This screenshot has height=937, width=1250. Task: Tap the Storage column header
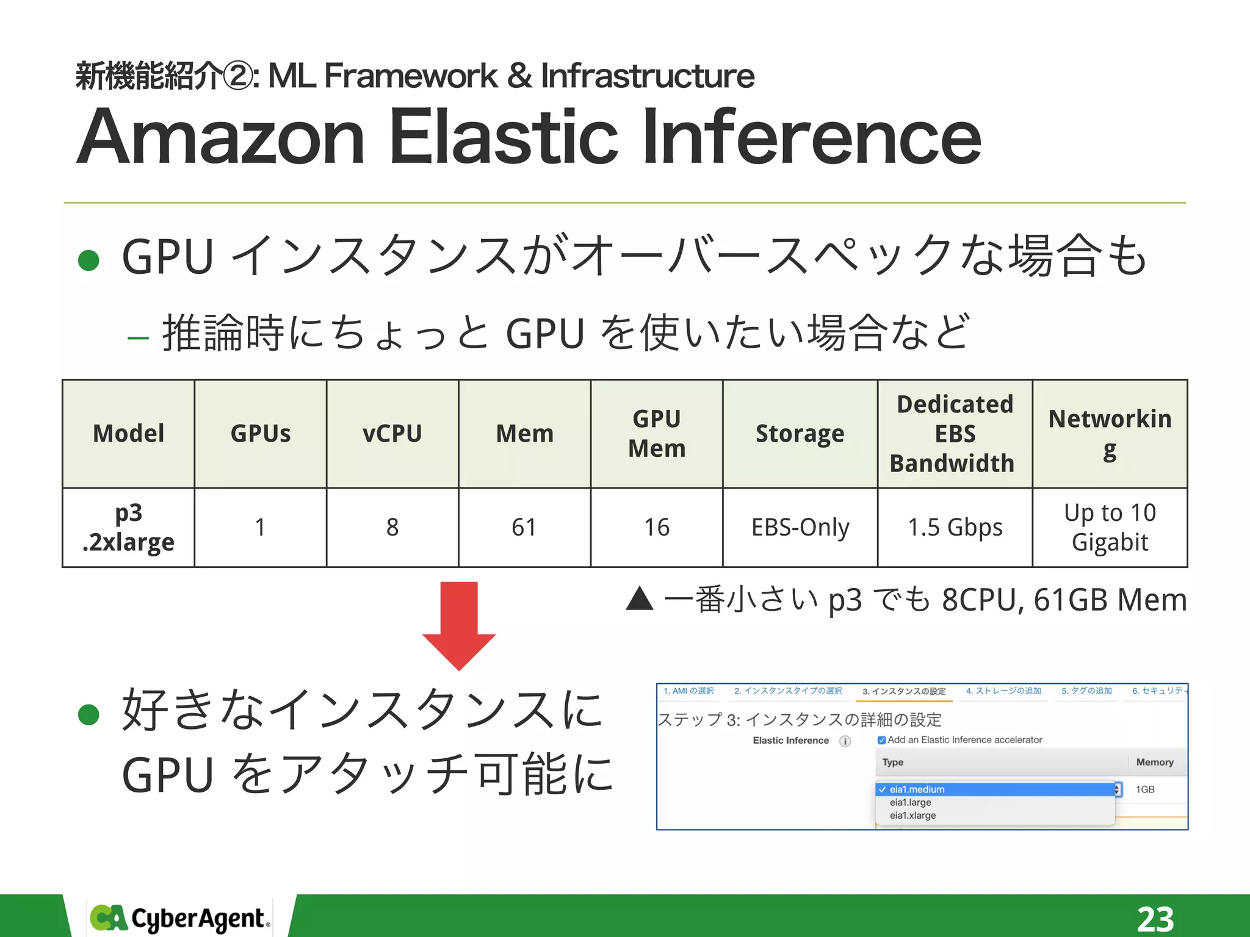[800, 434]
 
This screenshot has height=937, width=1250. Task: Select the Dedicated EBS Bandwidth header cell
[954, 434]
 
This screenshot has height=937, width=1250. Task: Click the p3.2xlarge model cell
[129, 528]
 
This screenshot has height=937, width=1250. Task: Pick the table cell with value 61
[524, 528]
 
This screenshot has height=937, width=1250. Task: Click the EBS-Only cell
[800, 528]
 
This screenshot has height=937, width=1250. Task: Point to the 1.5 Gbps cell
[954, 528]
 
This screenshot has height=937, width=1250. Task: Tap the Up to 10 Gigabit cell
[1109, 528]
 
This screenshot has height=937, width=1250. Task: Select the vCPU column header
[392, 434]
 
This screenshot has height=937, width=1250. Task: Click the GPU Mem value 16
[656, 528]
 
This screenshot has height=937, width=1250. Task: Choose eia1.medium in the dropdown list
[917, 789]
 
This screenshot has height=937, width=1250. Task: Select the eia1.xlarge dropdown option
[912, 816]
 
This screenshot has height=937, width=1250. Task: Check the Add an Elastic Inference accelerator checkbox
[881, 740]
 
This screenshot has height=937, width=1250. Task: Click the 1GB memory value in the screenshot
[1145, 789]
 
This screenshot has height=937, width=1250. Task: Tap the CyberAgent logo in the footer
[179, 918]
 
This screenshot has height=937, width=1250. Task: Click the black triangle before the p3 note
[640, 599]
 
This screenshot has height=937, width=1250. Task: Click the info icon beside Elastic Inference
[845, 741]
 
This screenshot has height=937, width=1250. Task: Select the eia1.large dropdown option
[910, 803]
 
